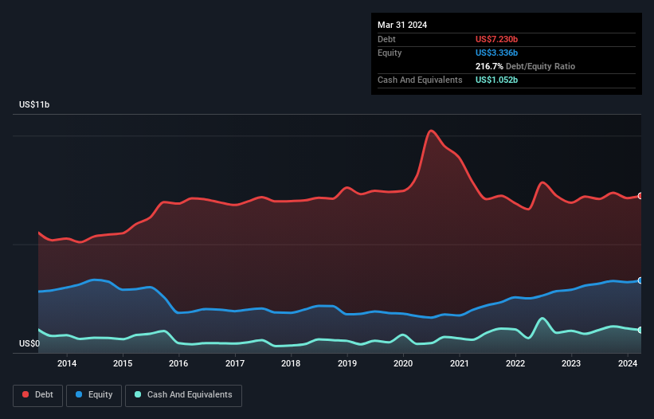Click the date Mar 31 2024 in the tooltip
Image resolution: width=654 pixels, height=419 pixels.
coord(402,25)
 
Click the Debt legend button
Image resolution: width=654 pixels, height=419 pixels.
coord(37,395)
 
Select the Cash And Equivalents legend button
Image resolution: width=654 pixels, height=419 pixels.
coord(183,395)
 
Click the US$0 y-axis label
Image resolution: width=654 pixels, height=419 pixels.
coord(29,344)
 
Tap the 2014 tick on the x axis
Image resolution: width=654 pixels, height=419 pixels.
coord(67,365)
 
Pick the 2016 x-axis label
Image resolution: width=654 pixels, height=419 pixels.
coord(178,365)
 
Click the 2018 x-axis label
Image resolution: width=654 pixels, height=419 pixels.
coord(291,365)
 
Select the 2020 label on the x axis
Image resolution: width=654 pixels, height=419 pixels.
coord(403,365)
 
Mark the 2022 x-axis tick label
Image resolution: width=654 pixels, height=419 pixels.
coord(515,365)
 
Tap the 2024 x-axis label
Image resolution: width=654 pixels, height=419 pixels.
coord(628,365)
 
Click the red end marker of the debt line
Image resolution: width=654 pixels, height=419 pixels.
coord(640,196)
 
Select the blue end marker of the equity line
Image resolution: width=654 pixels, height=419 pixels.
coord(640,280)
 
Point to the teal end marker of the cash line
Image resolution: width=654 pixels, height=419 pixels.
coord(640,330)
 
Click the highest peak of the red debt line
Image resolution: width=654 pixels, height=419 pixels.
coord(431,131)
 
